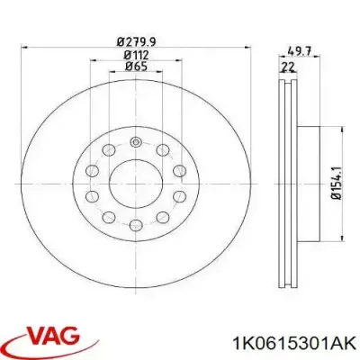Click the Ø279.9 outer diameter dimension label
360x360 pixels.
(x=134, y=40)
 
